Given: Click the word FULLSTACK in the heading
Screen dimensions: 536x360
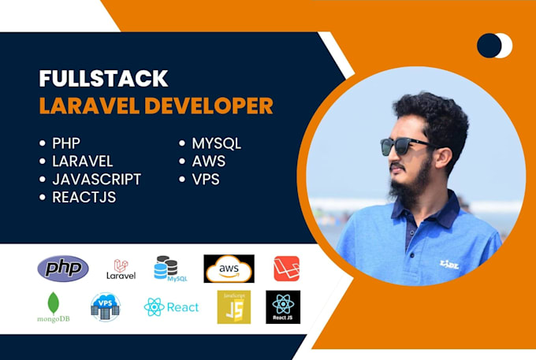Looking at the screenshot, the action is tap(103, 79).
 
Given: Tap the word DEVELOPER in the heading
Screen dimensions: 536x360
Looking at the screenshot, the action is tap(209, 106).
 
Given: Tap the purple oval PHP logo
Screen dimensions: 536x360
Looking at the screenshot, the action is tap(63, 269).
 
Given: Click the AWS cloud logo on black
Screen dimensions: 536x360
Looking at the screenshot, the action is tap(229, 269).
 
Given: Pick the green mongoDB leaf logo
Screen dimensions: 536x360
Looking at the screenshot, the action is tap(54, 307).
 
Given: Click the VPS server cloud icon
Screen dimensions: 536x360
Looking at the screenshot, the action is tap(106, 306).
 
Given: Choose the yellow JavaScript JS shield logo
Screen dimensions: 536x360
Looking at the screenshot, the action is tap(234, 306).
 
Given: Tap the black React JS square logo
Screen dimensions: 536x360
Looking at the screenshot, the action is tap(283, 306).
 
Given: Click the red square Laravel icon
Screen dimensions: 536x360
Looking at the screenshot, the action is tap(286, 269).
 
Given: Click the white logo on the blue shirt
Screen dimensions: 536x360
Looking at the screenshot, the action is tap(449, 264).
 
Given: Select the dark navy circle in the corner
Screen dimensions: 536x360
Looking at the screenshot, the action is tap(489, 46).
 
